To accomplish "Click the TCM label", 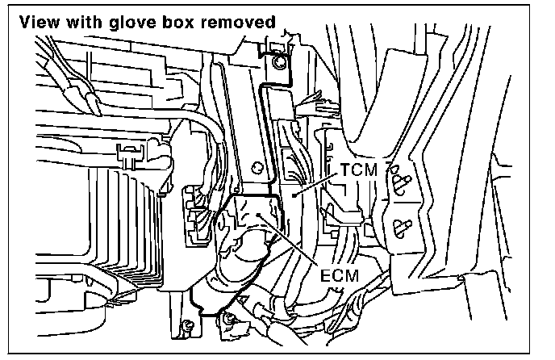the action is click(357, 170).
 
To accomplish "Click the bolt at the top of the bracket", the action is click(277, 61).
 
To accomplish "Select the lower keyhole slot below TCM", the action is click(400, 224).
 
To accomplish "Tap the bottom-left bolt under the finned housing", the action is click(188, 324).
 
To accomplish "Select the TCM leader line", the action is click(315, 182).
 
